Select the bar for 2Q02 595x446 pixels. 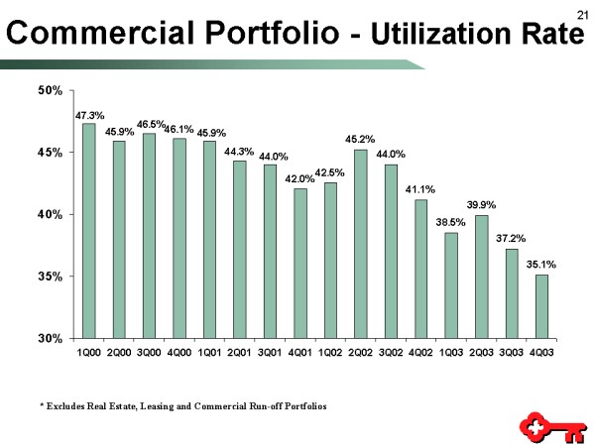pyautogui.click(x=360, y=243)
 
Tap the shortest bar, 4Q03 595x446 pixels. pyautogui.click(x=541, y=306)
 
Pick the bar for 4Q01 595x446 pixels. pyautogui.click(x=300, y=263)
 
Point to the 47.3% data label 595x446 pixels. pyautogui.click(x=89, y=115)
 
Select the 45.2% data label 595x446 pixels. pyautogui.click(x=360, y=140)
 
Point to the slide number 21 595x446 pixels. pyautogui.click(x=580, y=11)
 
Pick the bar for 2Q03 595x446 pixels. pyautogui.click(x=481, y=277)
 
